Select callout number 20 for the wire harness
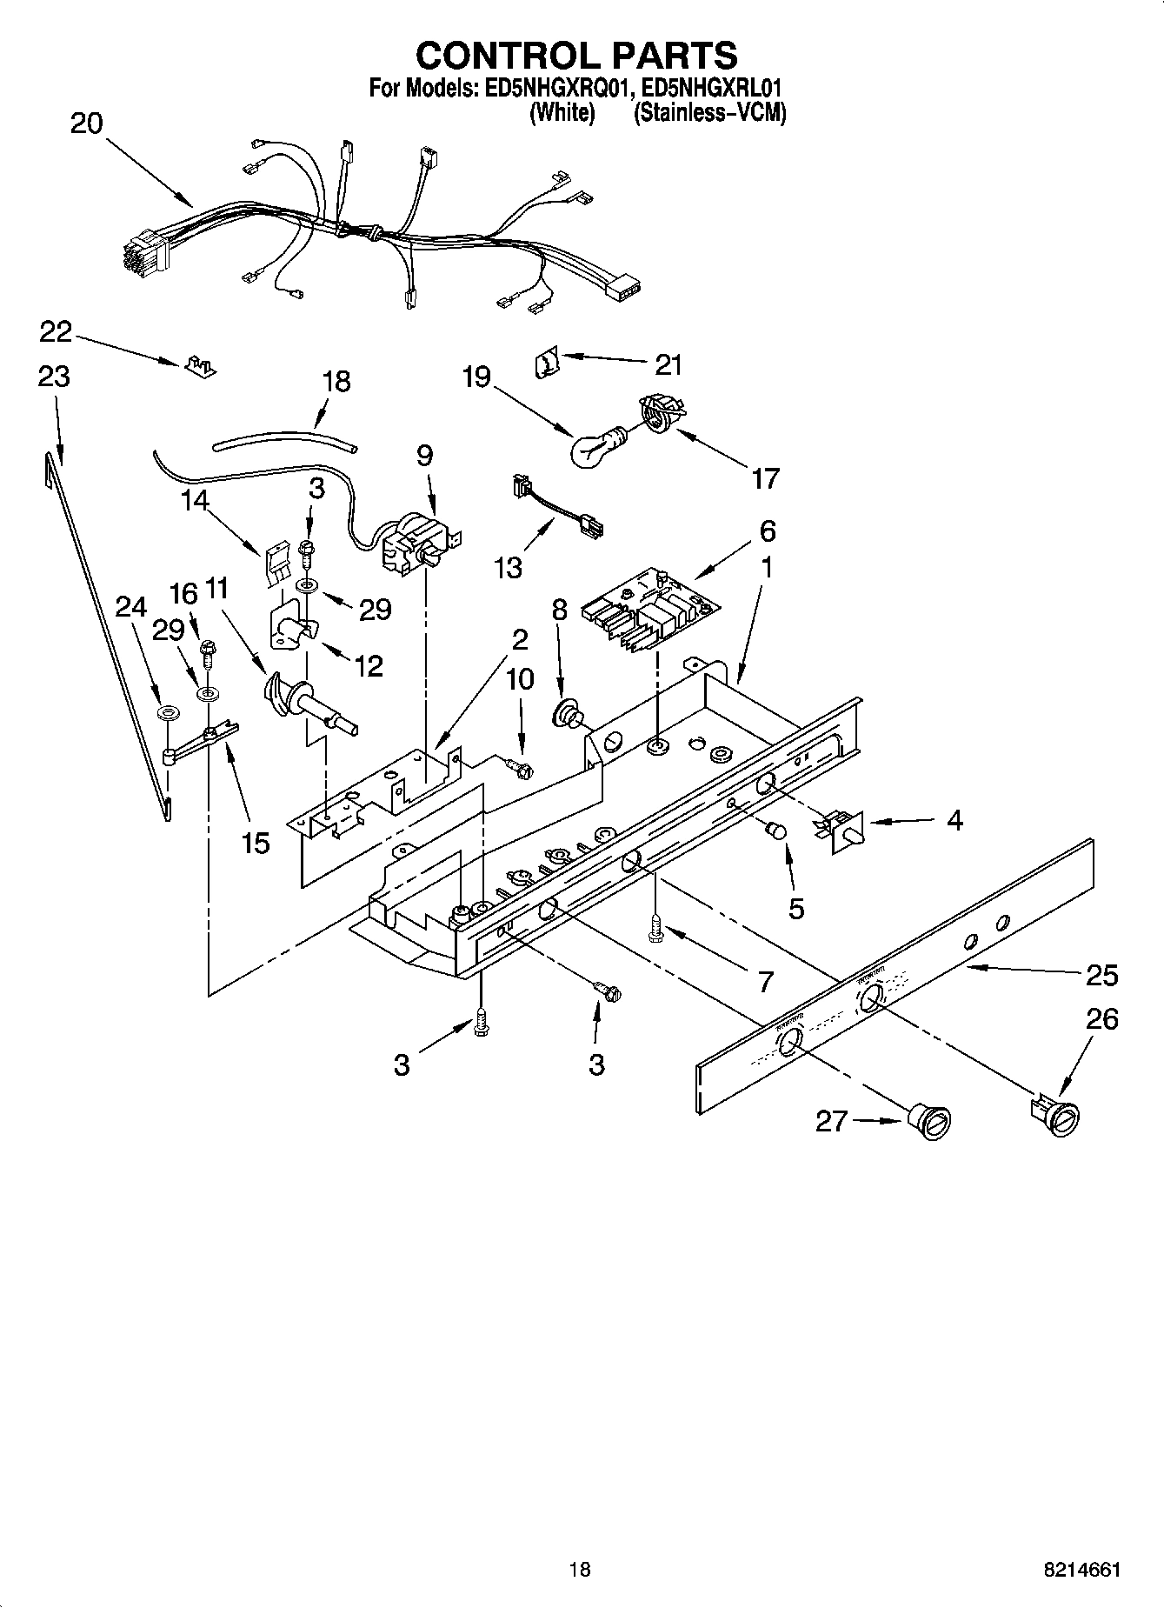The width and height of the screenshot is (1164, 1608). coord(85,123)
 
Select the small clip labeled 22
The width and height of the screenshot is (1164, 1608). coord(200,364)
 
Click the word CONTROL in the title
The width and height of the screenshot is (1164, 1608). coord(502,56)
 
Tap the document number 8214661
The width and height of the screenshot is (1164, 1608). coord(1081,1569)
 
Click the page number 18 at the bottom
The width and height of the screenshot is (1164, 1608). coord(580,1569)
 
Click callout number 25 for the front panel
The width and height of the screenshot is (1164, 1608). coord(1101,975)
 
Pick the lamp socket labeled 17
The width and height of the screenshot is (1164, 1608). coord(662,412)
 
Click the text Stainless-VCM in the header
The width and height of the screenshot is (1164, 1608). coord(709,113)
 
